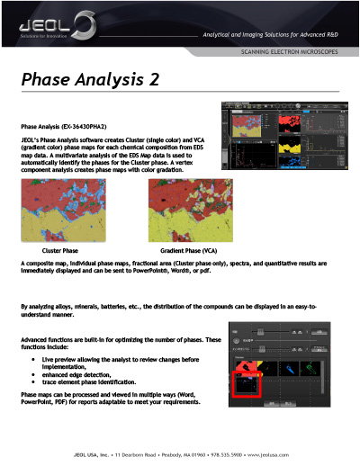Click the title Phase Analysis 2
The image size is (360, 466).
[90, 79]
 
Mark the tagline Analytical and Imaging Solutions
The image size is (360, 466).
[270, 33]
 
